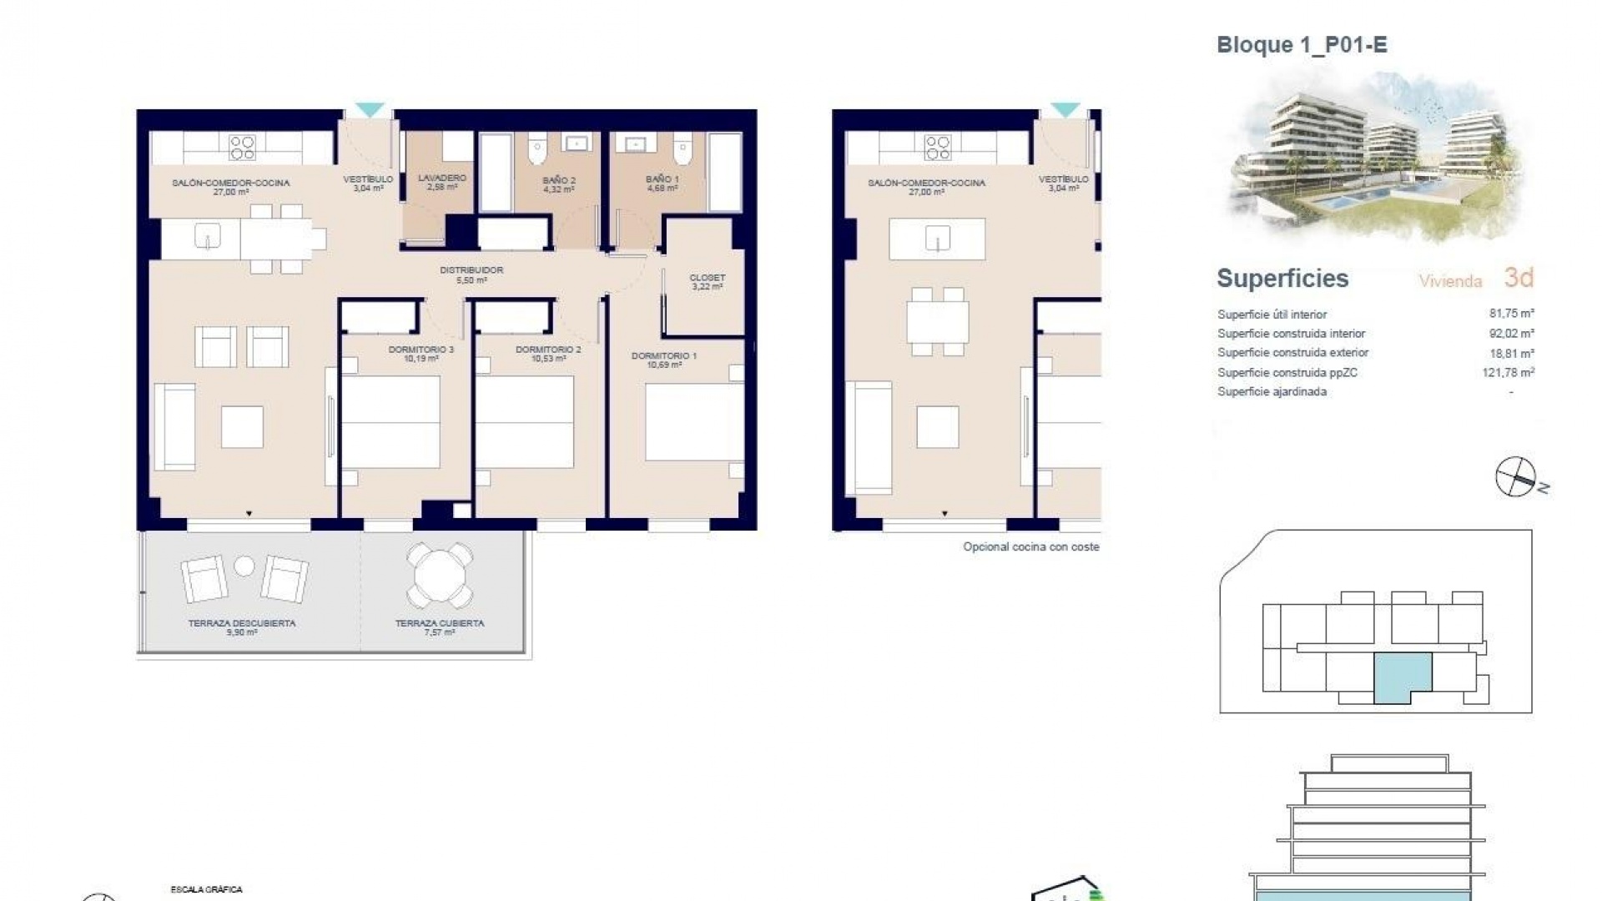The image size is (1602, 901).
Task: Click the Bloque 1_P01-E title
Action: click(1302, 45)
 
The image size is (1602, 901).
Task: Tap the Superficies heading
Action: click(1282, 279)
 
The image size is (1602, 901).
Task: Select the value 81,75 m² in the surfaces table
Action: click(1511, 315)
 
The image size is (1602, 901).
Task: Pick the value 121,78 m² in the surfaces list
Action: click(1508, 373)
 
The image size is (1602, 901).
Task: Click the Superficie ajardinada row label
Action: click(1272, 392)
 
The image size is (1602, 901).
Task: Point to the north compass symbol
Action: click(1516, 478)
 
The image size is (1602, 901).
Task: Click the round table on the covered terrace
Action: click(439, 576)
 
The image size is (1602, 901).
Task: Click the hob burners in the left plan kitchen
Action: click(242, 148)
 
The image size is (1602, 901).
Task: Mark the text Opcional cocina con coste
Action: click(1030, 547)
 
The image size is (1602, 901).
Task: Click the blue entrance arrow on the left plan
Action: click(370, 109)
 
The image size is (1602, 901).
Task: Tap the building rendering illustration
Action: click(1377, 159)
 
